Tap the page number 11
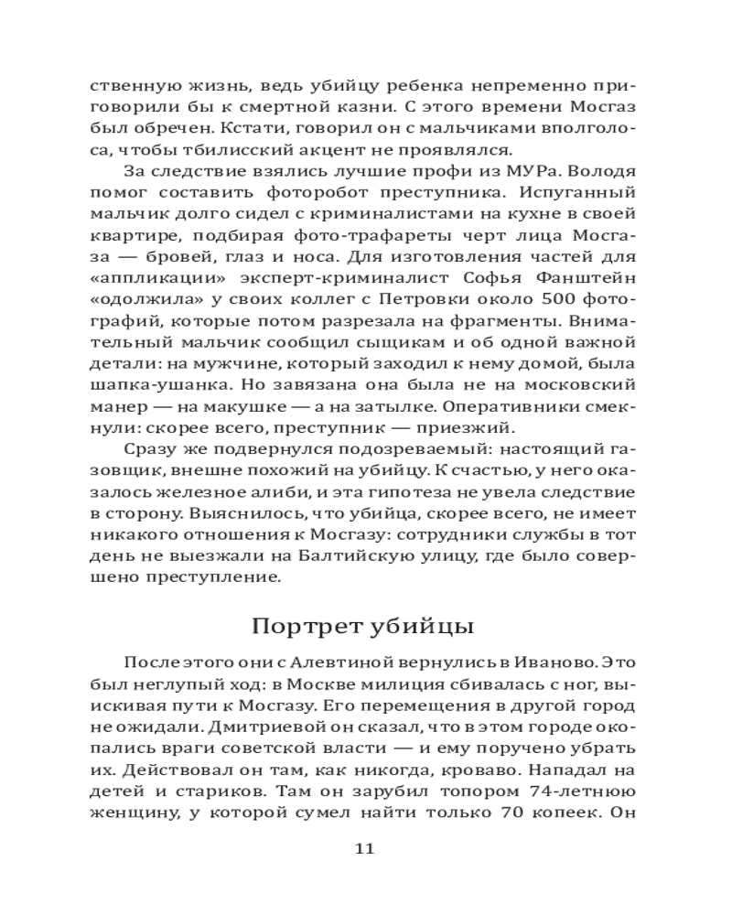point(364,848)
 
